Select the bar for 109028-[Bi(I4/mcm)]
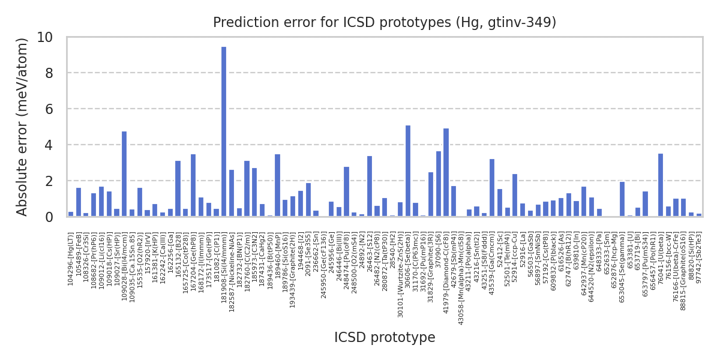pos(124,174)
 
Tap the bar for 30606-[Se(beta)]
pos(408,171)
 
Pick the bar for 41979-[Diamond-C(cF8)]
pos(446,172)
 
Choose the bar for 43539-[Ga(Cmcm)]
pos(492,188)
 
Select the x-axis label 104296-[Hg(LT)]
pos(71,259)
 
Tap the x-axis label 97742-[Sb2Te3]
pos(699,257)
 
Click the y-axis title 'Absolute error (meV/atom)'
pos(23,127)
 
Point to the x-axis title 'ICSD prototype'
pos(385,338)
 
